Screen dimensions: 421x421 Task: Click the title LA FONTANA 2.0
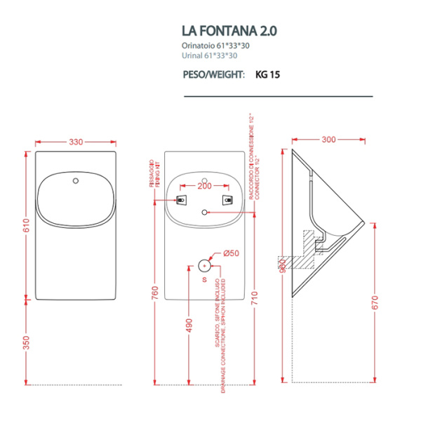coord(229,32)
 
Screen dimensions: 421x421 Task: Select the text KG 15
coord(268,73)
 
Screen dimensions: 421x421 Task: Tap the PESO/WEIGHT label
coord(213,73)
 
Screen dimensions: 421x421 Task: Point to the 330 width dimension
coord(76,142)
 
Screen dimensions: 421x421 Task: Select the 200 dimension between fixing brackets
coord(203,187)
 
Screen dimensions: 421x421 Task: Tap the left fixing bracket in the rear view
coord(182,200)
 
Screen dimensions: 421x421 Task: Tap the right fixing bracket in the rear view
coord(227,200)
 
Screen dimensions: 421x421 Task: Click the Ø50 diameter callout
coord(231,253)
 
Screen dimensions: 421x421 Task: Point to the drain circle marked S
coord(204,265)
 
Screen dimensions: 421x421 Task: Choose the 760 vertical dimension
coord(155,292)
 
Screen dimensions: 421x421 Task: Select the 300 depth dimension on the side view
coord(328,140)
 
